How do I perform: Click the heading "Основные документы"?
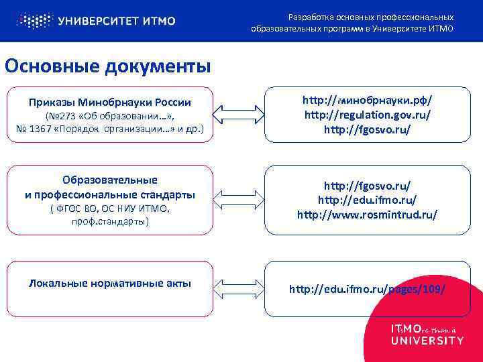(107, 66)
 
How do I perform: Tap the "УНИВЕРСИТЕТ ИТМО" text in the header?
(117, 21)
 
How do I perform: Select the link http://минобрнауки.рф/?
(367, 100)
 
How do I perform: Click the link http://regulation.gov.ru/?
(367, 115)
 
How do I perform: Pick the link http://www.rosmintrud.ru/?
(367, 215)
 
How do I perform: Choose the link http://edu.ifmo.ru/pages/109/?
(367, 289)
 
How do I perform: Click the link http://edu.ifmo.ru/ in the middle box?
(367, 200)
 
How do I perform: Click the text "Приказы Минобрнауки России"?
(110, 103)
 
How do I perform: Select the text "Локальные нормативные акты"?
(110, 283)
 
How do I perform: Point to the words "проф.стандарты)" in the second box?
(110, 221)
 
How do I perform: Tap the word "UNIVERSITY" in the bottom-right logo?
(427, 341)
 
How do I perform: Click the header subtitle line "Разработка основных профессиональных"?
(370, 17)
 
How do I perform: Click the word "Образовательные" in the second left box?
(110, 180)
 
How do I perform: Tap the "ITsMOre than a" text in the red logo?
(423, 329)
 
